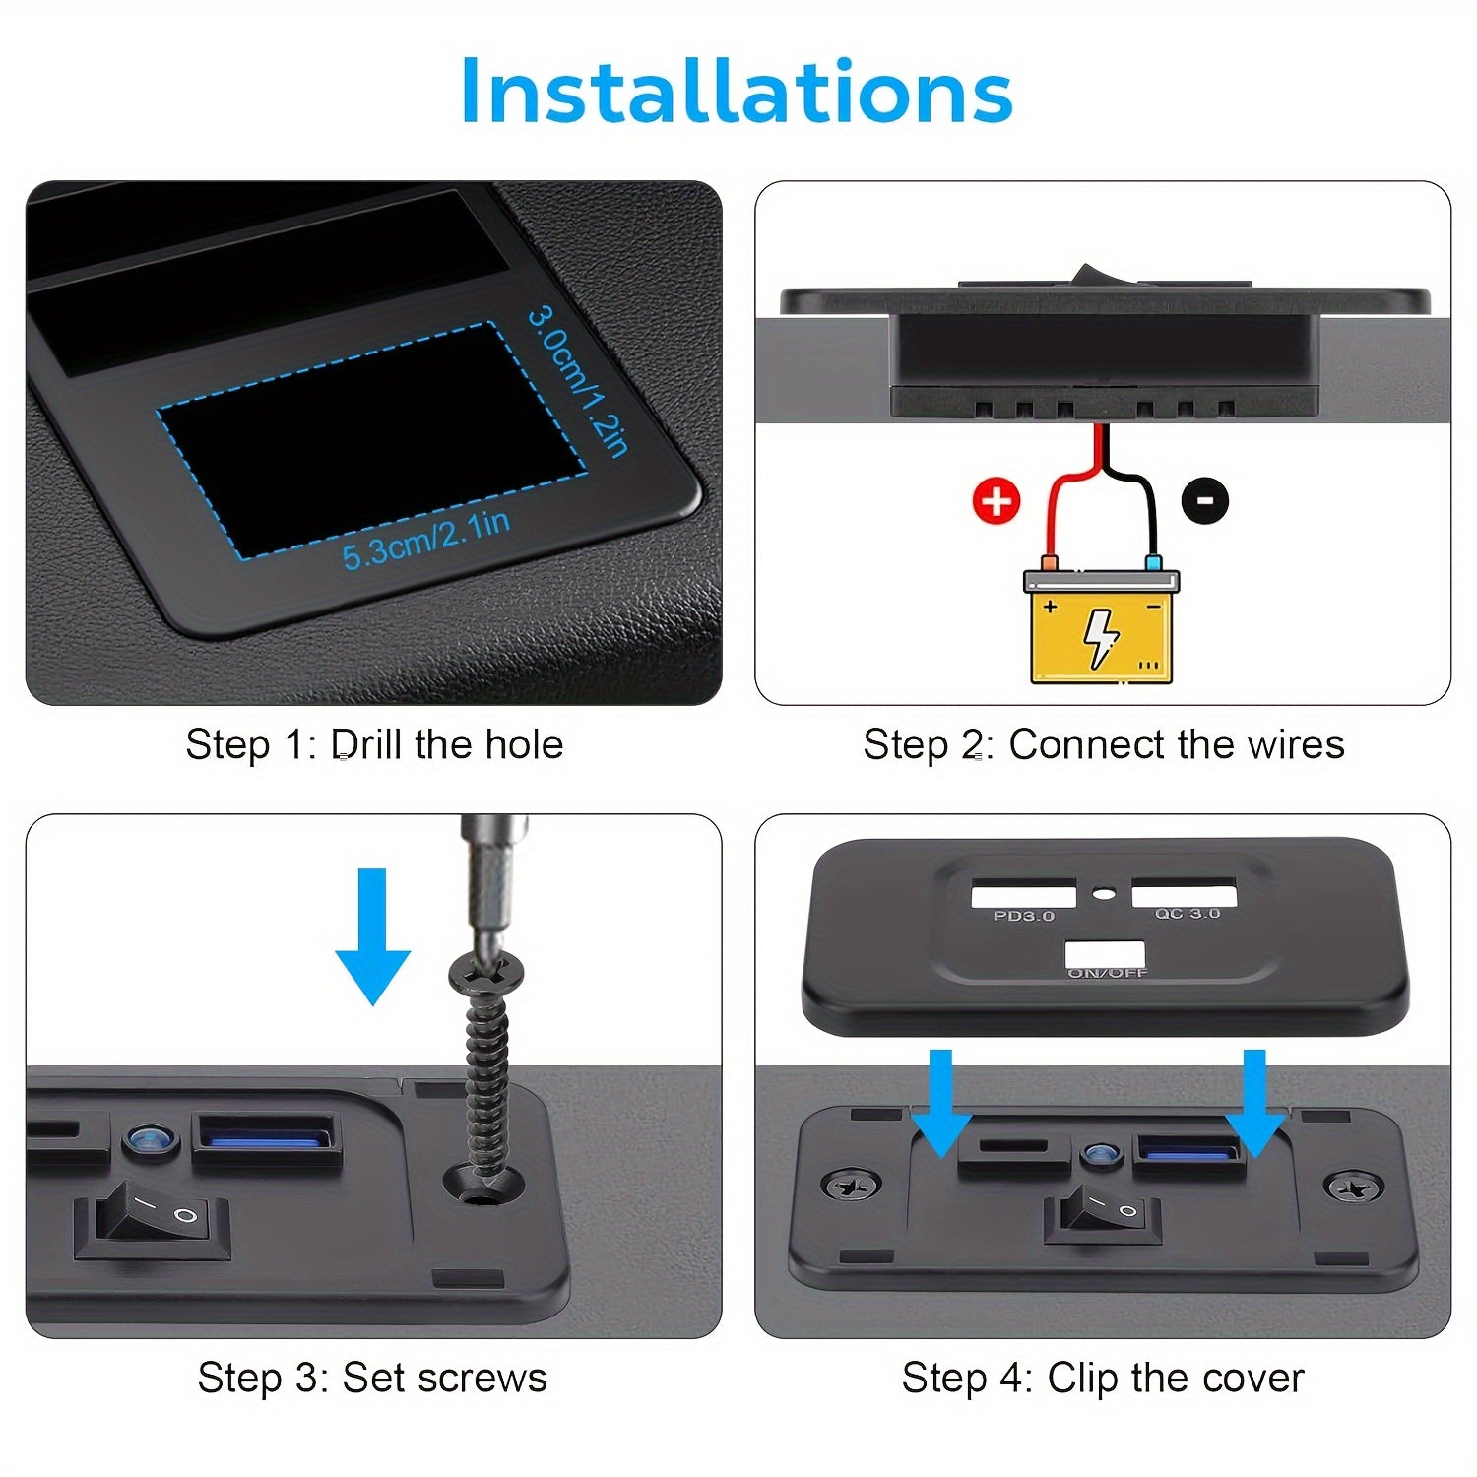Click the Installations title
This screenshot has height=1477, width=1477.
737,92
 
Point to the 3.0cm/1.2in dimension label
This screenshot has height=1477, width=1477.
578,381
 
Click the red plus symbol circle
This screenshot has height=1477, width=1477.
996,501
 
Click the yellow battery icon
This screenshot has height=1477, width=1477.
1101,626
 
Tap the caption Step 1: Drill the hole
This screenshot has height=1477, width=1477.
374,744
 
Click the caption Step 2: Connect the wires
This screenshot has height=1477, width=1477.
1103,744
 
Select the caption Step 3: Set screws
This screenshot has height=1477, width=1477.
372,1378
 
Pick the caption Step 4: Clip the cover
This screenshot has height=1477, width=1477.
1103,1378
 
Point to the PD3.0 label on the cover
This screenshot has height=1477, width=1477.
1023,916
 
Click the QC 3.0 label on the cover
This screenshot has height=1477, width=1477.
1187,914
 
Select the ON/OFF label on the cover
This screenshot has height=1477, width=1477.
1108,973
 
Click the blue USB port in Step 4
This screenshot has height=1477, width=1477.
1188,1149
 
